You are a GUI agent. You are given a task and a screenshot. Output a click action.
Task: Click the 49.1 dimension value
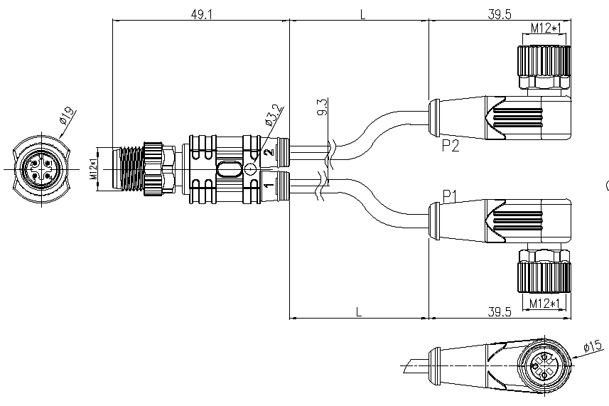(x=202, y=14)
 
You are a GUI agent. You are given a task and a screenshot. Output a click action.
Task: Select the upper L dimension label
(x=362, y=14)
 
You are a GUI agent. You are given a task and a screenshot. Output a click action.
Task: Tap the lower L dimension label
(x=358, y=311)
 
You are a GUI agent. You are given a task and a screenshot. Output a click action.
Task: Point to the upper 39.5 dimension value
(x=500, y=14)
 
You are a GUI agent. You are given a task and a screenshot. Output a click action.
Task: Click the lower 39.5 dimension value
(x=500, y=311)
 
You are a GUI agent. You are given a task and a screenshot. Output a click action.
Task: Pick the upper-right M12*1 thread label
(x=546, y=28)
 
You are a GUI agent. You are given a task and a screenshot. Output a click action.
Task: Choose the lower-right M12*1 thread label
(x=545, y=303)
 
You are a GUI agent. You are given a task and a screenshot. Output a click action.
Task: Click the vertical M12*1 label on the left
(x=94, y=169)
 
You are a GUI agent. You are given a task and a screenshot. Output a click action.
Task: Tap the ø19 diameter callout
(x=66, y=116)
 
